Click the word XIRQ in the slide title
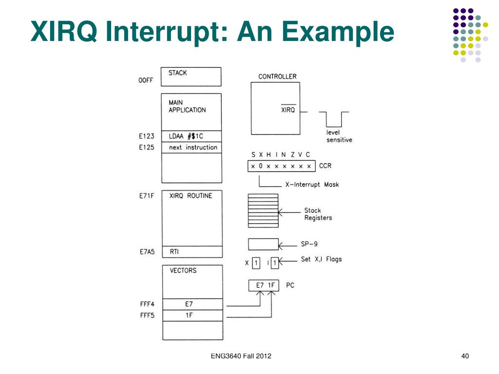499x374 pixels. tap(64, 31)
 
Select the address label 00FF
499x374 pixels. tap(146, 80)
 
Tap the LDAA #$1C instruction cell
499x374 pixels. tap(191, 136)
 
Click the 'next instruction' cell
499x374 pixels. tap(191, 148)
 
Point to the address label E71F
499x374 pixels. tap(146, 196)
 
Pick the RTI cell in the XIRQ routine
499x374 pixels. tap(192, 252)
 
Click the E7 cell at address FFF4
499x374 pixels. tap(192, 304)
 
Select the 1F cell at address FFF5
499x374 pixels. tap(192, 316)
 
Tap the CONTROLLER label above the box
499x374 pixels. tap(277, 76)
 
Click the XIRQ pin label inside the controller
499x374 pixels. tap(288, 110)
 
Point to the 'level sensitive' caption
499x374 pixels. tap(339, 136)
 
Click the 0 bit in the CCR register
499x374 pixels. tap(261, 166)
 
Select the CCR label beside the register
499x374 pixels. tap(325, 166)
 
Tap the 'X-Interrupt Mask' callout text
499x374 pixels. tap(312, 185)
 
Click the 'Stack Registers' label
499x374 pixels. tap(318, 214)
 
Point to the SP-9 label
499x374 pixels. tap(309, 244)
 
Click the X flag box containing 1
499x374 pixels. tap(256, 263)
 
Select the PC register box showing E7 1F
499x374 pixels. tap(264, 285)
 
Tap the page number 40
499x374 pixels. tap(465, 356)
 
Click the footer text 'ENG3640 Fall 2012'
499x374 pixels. tap(241, 356)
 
